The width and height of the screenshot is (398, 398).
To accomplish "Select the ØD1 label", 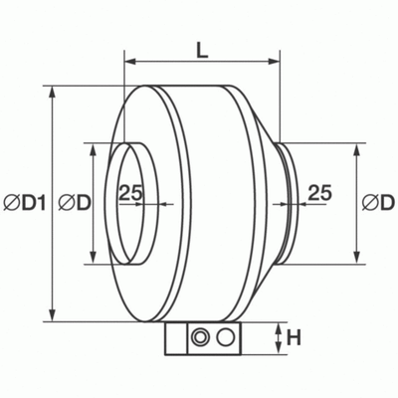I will click(x=25, y=202).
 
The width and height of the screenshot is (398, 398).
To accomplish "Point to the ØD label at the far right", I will click(x=378, y=202).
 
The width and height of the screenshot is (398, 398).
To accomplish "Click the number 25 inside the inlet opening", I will click(x=131, y=193).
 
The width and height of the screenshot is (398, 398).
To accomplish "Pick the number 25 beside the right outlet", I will click(x=318, y=193).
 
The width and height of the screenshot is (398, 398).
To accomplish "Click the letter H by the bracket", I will click(x=294, y=338).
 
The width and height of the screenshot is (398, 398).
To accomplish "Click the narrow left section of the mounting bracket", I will click(x=172, y=338).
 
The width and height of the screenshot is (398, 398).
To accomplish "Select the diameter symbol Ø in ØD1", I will click(x=12, y=202).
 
